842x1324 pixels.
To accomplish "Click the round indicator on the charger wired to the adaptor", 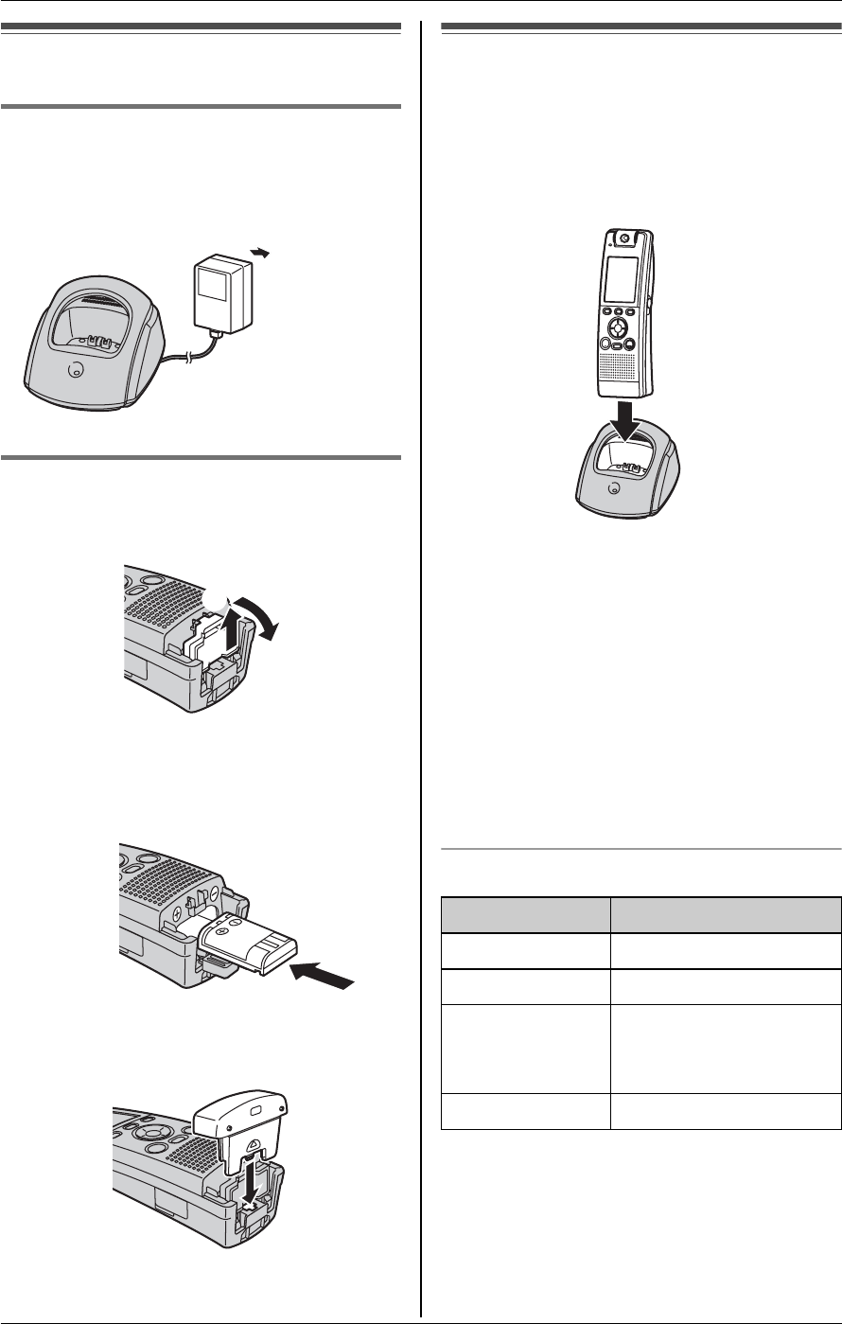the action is (75, 370).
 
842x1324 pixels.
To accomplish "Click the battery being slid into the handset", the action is (249, 927).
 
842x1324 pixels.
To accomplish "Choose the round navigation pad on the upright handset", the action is (617, 329).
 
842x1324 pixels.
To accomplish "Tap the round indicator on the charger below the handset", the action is (615, 488).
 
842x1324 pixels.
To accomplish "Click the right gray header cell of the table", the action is (725, 915).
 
